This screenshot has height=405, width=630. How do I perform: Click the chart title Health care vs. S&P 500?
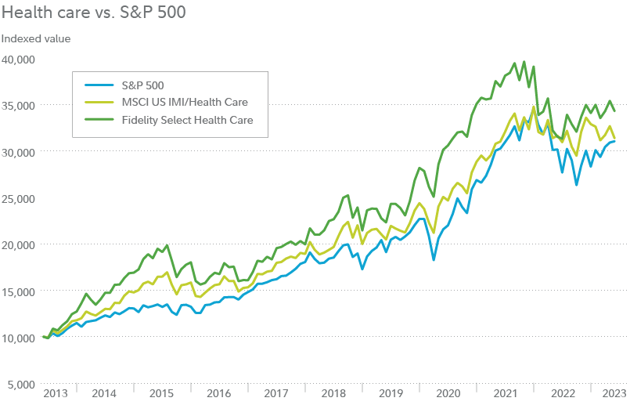pyautogui.click(x=93, y=14)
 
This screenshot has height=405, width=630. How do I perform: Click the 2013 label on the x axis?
pyautogui.click(x=56, y=393)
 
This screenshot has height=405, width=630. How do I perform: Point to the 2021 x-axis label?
pyautogui.click(x=504, y=393)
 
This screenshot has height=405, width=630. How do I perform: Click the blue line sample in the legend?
pyautogui.click(x=98, y=85)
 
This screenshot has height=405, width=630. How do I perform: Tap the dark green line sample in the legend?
pyautogui.click(x=98, y=120)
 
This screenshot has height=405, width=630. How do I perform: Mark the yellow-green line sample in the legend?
pyautogui.click(x=98, y=102)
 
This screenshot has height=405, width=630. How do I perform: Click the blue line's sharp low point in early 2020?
pyautogui.click(x=434, y=259)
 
